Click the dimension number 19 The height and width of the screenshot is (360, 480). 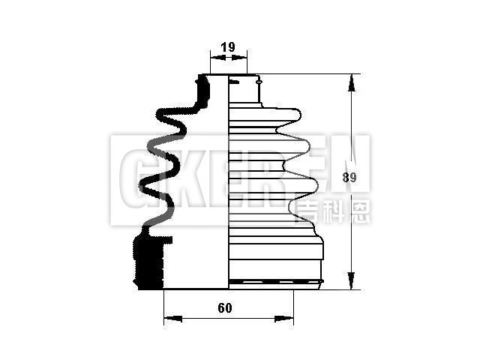[x=227, y=47]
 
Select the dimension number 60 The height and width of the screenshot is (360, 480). [x=225, y=307]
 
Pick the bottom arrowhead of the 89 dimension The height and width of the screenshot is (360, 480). [x=351, y=283]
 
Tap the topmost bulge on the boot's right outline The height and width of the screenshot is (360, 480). [x=296, y=115]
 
